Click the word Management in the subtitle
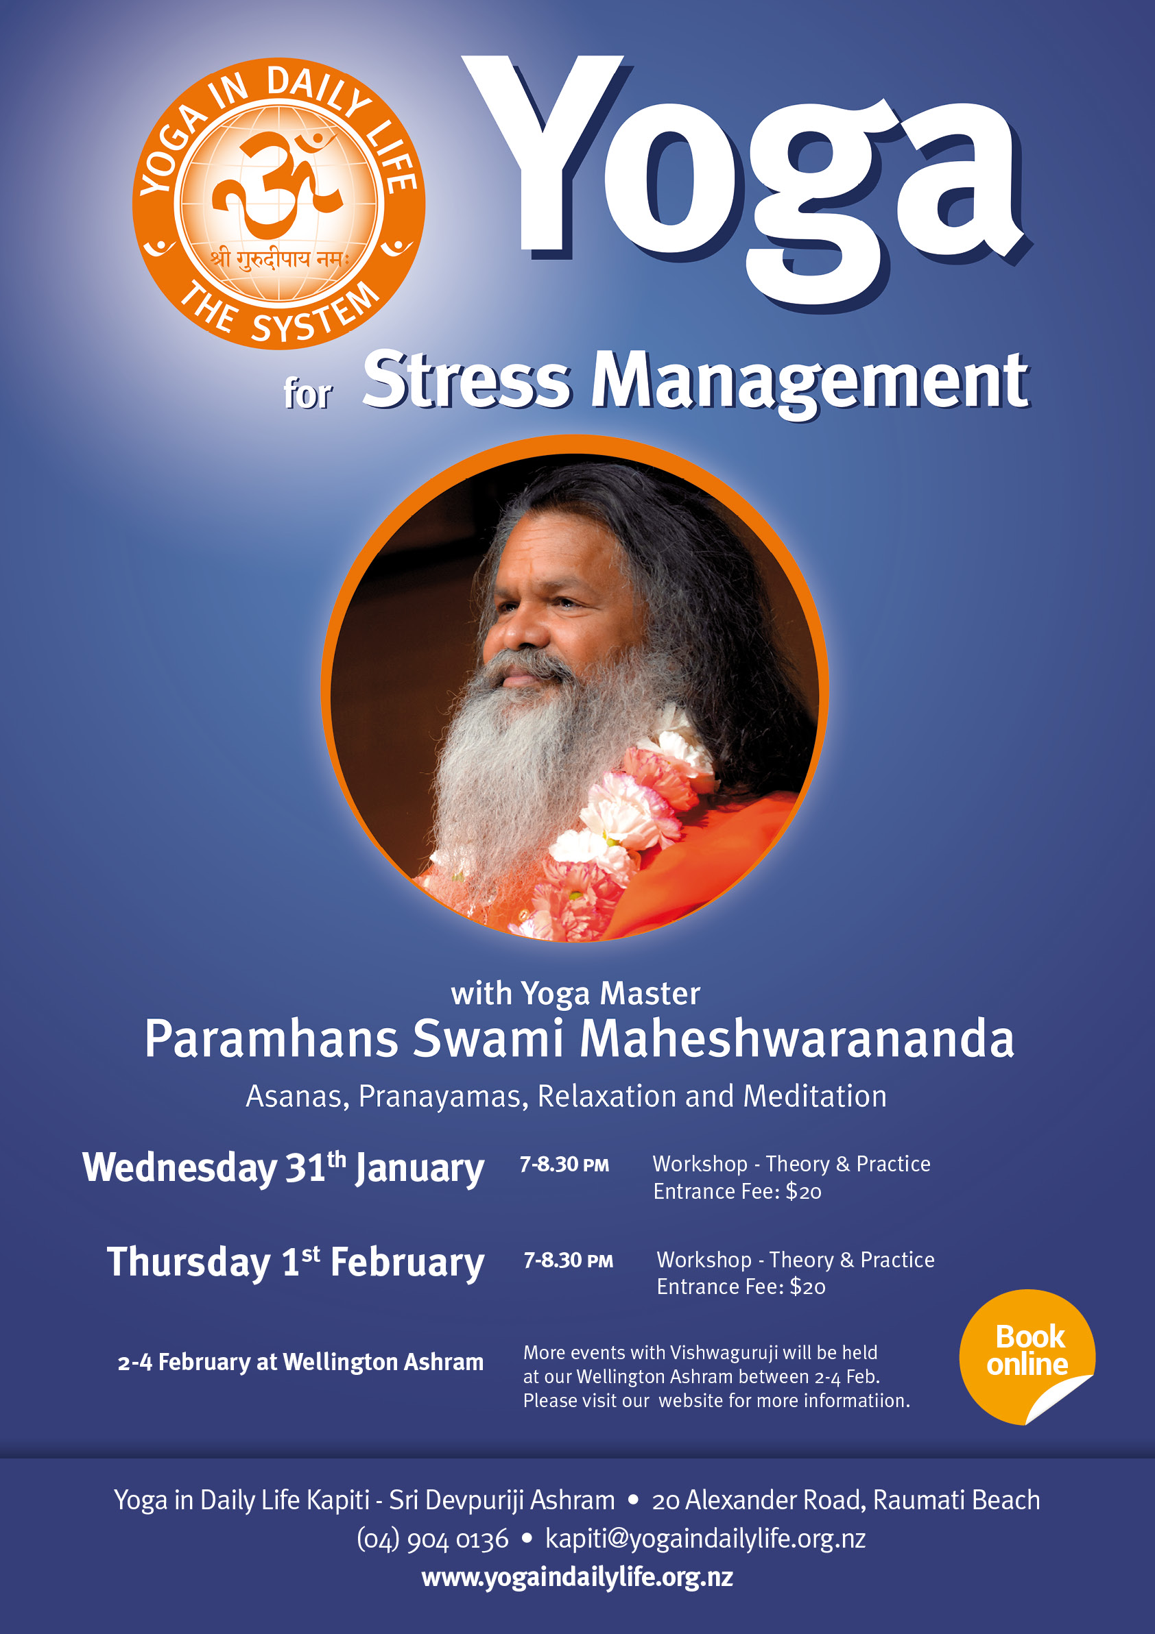[809, 385]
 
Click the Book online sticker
[1027, 1356]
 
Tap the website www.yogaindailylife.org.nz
[577, 1577]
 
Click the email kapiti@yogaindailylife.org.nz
[705, 1539]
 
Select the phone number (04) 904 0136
[433, 1539]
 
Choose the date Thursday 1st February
[296, 1263]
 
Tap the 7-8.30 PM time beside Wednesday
[564, 1164]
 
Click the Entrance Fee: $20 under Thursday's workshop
[741, 1287]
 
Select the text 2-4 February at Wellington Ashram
[300, 1362]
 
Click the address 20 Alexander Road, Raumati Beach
[846, 1500]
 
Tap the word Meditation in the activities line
[815, 1096]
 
